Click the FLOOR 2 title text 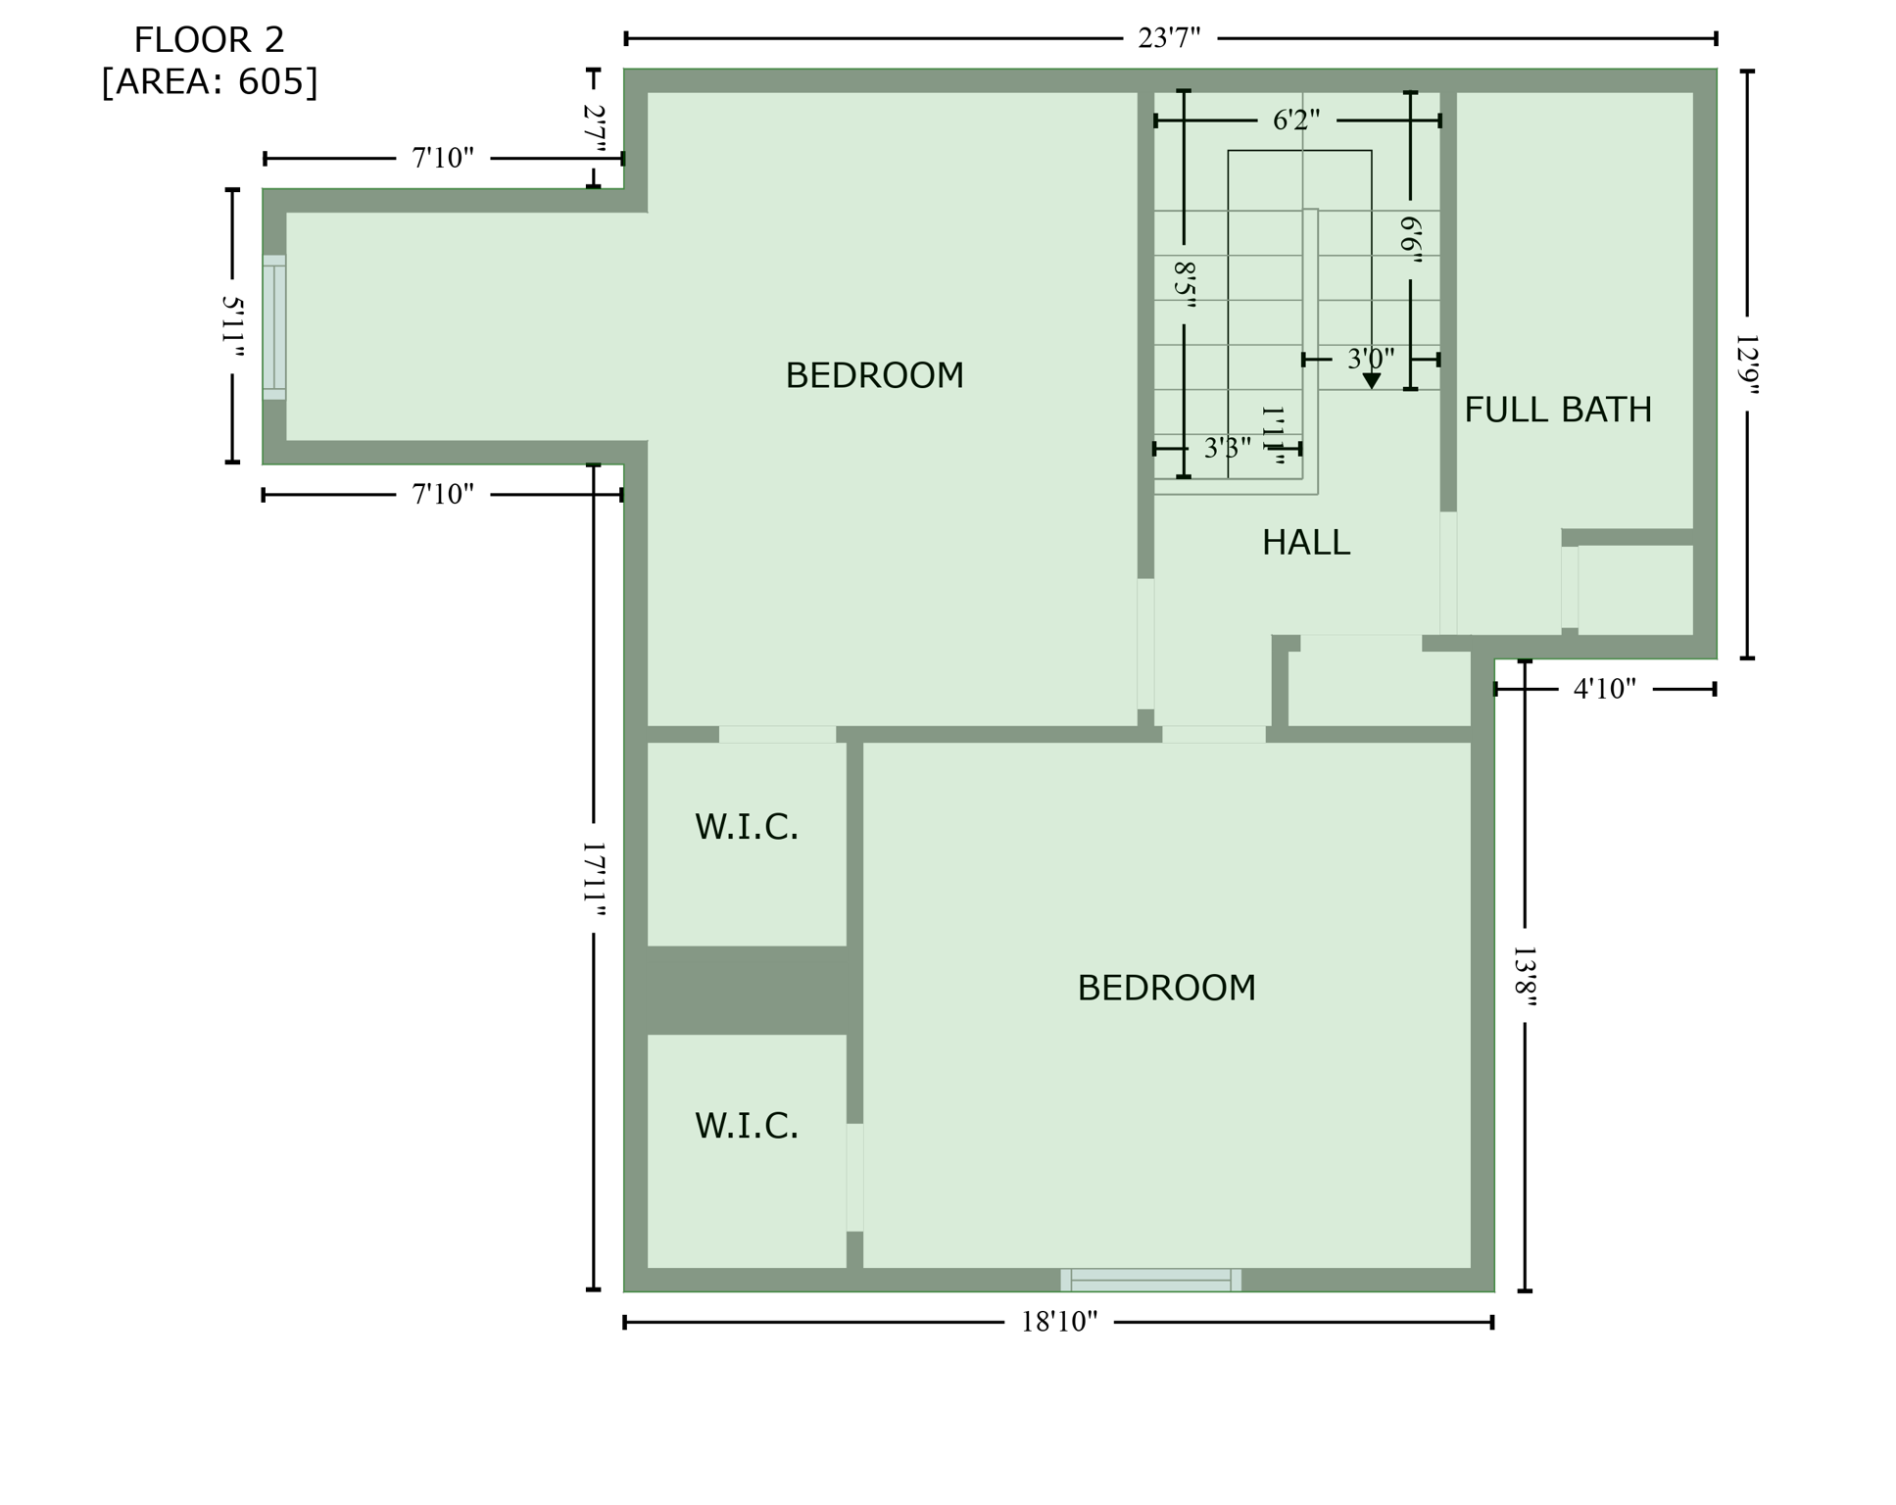(209, 41)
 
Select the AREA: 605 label (209, 82)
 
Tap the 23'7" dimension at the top (1168, 39)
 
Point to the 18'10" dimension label (1058, 1323)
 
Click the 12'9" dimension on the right (1746, 364)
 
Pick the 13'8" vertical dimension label (1525, 976)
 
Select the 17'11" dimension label (594, 879)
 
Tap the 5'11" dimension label (233, 326)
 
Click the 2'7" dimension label (594, 128)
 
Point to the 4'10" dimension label (1604, 690)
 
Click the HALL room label (1305, 543)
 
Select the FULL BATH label (1557, 411)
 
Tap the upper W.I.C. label (747, 828)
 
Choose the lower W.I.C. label (747, 1127)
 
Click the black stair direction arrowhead (1371, 380)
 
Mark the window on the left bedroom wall (274, 327)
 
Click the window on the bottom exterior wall (1150, 1280)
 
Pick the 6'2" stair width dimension (1295, 121)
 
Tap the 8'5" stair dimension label (1184, 284)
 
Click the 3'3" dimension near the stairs (1226, 449)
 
